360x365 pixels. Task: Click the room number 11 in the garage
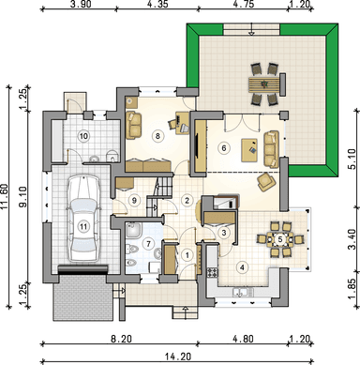pos(83,226)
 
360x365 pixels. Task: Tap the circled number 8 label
pos(157,136)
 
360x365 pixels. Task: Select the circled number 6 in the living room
pos(223,147)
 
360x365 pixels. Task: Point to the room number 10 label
pos(83,136)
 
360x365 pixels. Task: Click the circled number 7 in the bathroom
pos(149,243)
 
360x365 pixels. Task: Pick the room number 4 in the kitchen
pos(242,267)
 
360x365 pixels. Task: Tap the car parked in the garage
pos(83,218)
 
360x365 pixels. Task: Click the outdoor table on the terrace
pos(265,84)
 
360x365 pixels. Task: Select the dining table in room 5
pos(280,239)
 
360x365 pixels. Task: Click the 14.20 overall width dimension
pos(178,357)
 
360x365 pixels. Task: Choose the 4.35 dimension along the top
pos(157,4)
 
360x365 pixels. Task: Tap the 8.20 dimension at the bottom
pos(121,339)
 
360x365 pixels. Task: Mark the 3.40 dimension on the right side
pos(352,239)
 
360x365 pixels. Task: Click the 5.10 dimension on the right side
pos(352,160)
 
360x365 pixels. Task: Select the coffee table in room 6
pos(249,150)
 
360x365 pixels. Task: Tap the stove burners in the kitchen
pos(212,272)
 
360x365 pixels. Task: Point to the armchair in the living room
pos(266,182)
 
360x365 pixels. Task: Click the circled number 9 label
pos(134,201)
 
